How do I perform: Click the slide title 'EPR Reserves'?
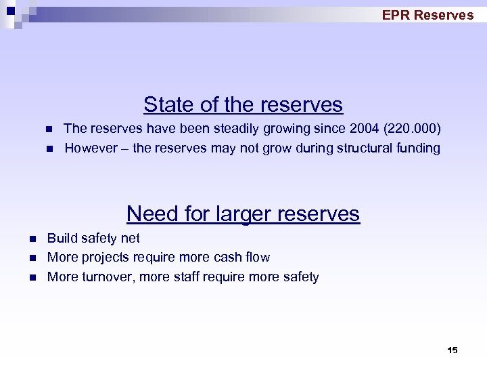point(427,15)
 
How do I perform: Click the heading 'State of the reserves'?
point(243,105)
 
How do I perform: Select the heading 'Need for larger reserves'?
point(243,213)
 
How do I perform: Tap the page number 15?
point(453,350)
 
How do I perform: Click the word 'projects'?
point(103,258)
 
